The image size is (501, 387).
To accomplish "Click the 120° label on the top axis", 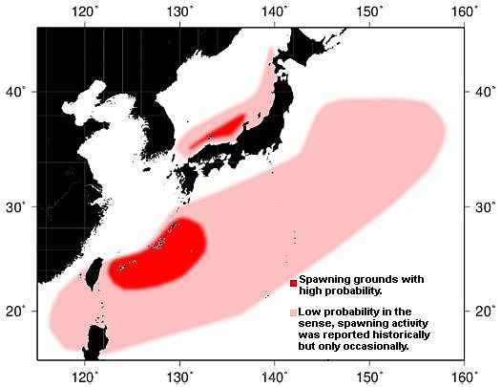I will tap(85, 12).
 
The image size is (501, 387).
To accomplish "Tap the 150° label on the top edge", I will tap(369, 12).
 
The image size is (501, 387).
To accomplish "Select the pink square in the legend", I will tap(293, 312).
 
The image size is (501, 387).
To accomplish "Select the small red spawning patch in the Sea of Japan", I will tap(220, 128).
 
